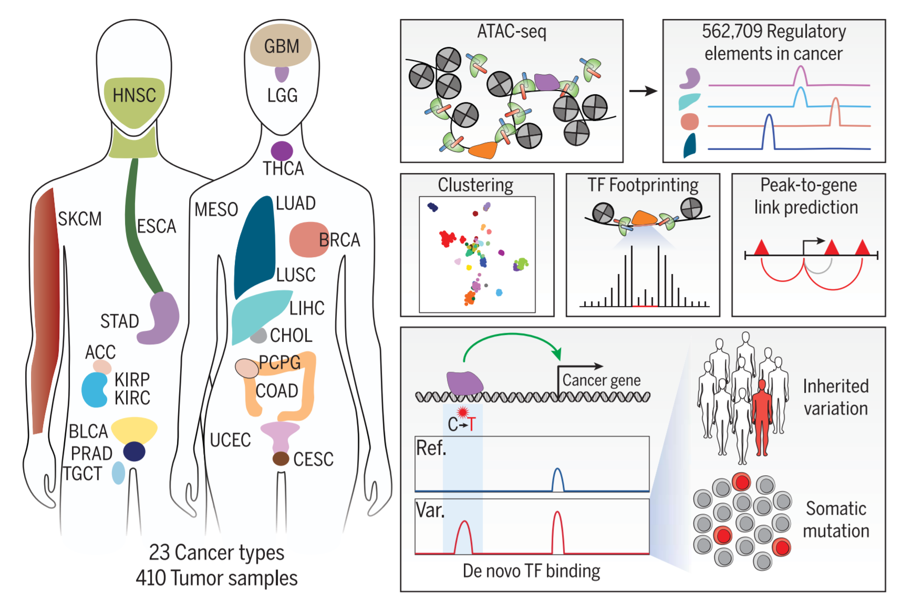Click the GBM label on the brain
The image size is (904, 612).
click(282, 46)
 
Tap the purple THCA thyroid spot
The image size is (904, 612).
click(282, 151)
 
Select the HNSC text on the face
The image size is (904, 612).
click(134, 95)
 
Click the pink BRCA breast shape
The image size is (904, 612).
click(309, 239)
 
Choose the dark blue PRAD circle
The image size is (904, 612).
click(134, 451)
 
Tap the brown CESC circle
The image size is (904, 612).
click(281, 458)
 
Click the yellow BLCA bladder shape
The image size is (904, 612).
click(134, 429)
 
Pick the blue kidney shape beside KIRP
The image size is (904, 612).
click(95, 390)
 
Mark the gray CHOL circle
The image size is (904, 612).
click(258, 335)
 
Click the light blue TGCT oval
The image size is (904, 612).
click(119, 473)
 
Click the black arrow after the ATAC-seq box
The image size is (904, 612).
click(643, 91)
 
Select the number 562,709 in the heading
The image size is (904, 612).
click(732, 32)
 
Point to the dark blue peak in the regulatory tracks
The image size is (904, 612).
click(768, 131)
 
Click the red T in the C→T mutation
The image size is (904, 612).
click(472, 424)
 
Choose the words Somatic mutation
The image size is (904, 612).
click(836, 519)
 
